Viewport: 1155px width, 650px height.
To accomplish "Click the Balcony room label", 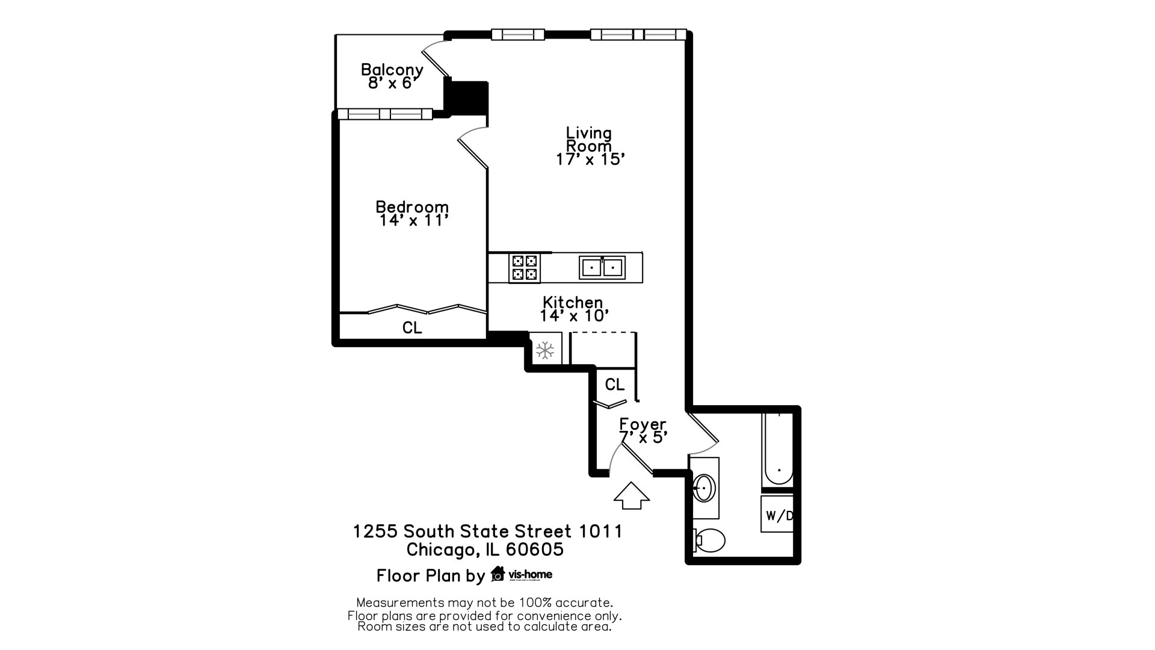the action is point(392,76).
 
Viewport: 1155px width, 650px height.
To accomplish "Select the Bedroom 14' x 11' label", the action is point(413,214).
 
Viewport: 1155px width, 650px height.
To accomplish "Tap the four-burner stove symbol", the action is point(524,268).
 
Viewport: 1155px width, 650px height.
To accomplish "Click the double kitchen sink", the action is point(602,267).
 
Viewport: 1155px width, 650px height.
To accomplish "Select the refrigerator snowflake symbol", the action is point(545,350).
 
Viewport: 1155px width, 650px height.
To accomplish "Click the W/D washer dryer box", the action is point(777,515).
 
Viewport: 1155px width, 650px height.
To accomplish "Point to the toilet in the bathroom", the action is point(709,540).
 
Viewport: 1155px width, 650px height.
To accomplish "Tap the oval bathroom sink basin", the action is point(704,488).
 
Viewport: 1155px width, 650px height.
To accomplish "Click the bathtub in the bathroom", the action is point(778,448).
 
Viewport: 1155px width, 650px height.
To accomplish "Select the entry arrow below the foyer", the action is point(632,496).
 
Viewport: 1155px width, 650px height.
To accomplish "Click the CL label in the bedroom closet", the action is point(412,327).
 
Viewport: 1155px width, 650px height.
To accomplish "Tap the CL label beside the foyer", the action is point(615,385).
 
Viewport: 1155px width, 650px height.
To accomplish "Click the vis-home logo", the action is point(522,574).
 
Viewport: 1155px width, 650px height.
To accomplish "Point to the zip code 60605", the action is point(535,549).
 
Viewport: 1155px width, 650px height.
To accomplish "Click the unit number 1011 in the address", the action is point(601,531).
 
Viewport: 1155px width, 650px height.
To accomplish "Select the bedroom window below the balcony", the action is point(385,114).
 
